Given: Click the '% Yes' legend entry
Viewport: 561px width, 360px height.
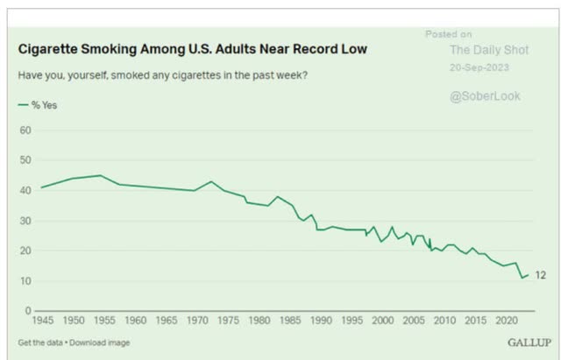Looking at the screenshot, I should coord(39,104).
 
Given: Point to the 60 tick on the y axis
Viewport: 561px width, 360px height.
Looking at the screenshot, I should coord(25,131).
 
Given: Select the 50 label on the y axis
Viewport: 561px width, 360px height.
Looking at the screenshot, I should coord(25,160).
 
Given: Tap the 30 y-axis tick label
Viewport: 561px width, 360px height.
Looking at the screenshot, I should coord(25,221).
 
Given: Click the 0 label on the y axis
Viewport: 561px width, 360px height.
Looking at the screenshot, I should coord(28,311).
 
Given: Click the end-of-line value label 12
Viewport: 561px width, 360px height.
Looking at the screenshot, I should coord(540,275).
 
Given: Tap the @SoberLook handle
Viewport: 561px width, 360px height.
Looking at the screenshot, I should coord(484,96).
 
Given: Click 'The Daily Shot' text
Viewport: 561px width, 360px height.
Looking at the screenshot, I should coord(489,51).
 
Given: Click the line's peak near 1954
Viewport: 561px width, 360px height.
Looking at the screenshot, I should coord(101,175).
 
